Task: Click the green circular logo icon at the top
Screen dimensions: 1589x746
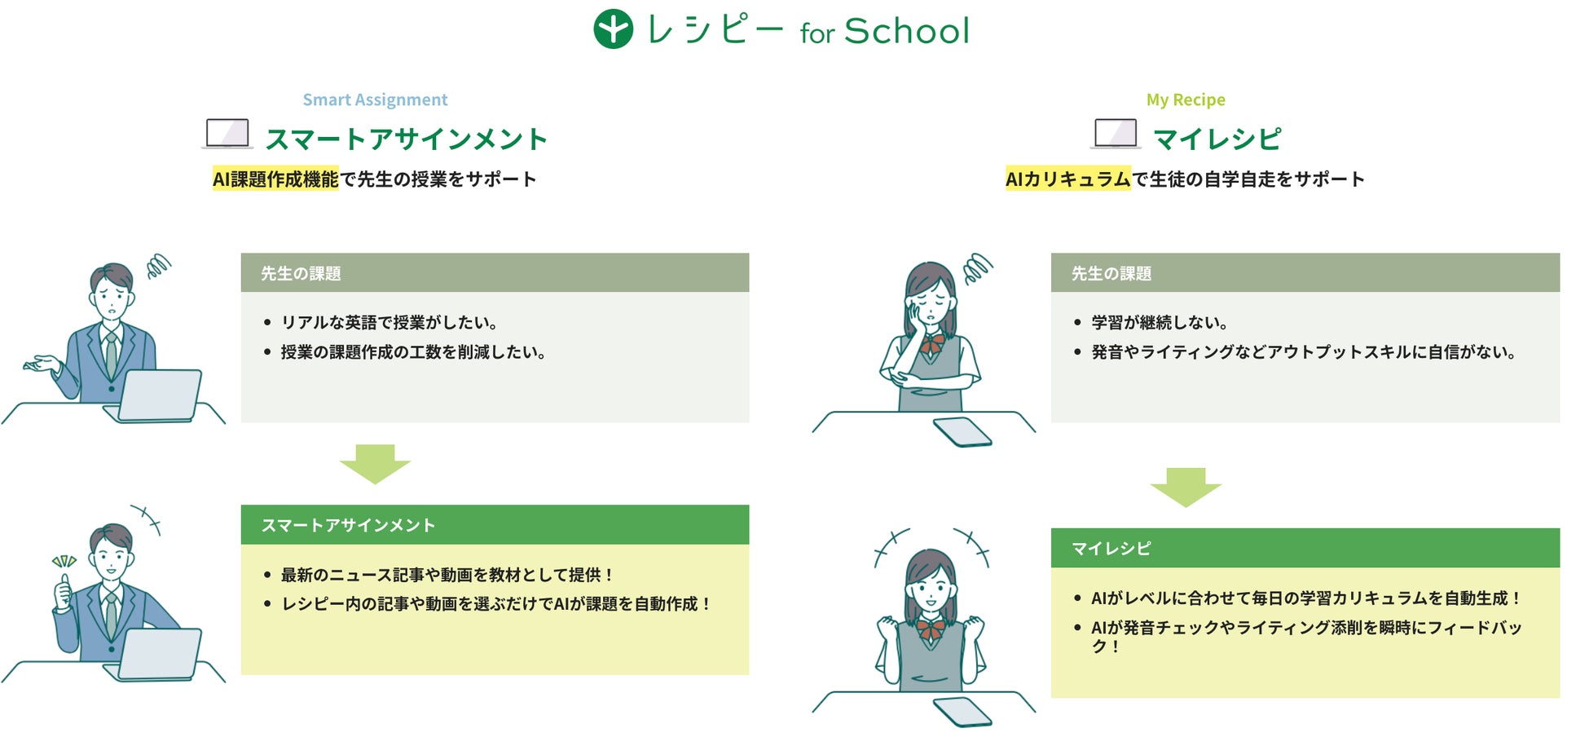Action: [x=613, y=29]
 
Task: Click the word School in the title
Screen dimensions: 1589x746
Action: [x=907, y=31]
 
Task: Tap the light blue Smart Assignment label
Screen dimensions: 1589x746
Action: [x=375, y=99]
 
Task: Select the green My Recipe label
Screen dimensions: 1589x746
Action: [x=1186, y=99]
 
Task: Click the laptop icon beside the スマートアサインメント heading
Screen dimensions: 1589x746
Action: [x=227, y=134]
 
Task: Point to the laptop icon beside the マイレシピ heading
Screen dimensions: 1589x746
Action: [x=1116, y=134]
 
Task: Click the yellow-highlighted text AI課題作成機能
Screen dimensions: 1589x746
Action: [x=275, y=179]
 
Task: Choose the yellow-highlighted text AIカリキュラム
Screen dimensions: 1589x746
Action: [x=1068, y=179]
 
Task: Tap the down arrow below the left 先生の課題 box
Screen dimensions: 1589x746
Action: [x=375, y=464]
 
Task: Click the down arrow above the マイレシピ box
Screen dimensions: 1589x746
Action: [x=1186, y=488]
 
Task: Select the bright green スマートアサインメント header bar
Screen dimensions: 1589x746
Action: [x=495, y=525]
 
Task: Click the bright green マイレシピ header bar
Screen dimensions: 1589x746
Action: [x=1305, y=548]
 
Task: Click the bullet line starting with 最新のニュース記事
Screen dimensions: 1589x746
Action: [x=438, y=575]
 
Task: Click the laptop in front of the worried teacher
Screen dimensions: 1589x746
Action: [x=155, y=396]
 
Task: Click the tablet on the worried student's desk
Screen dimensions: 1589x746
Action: [x=962, y=432]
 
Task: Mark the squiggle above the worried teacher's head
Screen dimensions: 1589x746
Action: [x=159, y=266]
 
